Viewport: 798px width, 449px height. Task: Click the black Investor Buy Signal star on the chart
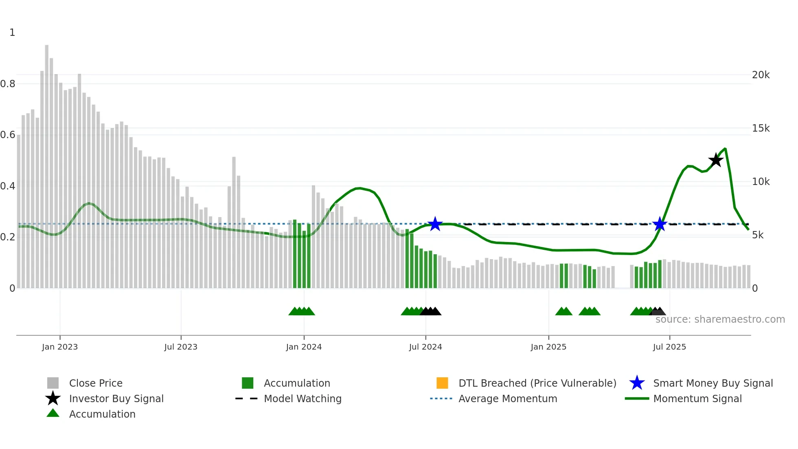(x=716, y=160)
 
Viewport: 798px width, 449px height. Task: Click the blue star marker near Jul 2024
(x=435, y=224)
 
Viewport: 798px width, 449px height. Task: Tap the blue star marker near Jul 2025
(x=660, y=224)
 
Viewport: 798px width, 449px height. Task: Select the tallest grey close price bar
(x=47, y=163)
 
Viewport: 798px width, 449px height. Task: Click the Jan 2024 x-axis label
(x=304, y=347)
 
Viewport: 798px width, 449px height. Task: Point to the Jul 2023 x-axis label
(x=181, y=347)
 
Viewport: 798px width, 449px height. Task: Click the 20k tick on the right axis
(x=761, y=75)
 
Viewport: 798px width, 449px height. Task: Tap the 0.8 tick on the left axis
(x=8, y=84)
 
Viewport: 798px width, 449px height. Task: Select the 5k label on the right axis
(x=758, y=235)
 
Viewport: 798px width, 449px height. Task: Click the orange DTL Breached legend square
(x=442, y=383)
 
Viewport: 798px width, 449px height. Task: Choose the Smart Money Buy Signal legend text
(x=713, y=383)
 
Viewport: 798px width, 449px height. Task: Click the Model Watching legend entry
(x=303, y=398)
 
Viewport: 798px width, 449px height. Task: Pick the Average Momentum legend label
(x=508, y=398)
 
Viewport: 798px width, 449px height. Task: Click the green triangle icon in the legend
(x=53, y=413)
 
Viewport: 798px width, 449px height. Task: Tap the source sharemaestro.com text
(x=720, y=319)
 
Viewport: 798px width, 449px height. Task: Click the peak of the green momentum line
(x=725, y=149)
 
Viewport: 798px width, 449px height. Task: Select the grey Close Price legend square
(x=53, y=383)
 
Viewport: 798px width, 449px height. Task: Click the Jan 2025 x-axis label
(x=548, y=347)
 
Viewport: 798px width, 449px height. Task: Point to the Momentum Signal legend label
(x=697, y=398)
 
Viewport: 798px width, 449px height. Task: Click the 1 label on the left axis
(x=12, y=33)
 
